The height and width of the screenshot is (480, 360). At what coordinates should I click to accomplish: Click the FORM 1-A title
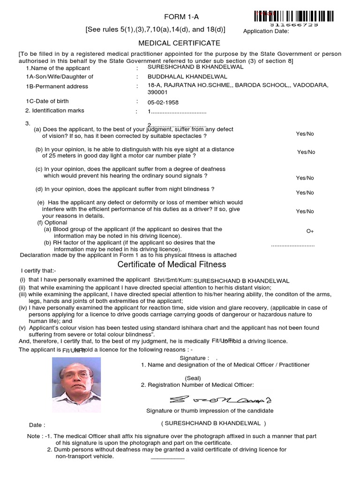pyautogui.click(x=180, y=17)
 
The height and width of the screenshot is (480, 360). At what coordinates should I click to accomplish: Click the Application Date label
pyautogui.click(x=266, y=31)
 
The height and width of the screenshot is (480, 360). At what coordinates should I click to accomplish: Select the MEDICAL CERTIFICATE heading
pyautogui.click(x=179, y=43)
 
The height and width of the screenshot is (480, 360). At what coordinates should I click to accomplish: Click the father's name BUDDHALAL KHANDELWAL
pyautogui.click(x=187, y=76)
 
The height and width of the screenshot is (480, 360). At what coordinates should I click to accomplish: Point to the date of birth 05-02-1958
pyautogui.click(x=163, y=103)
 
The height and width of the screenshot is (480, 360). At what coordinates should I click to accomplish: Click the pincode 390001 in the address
pyautogui.click(x=157, y=93)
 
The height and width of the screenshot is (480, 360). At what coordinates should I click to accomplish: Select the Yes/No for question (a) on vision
pyautogui.click(x=305, y=134)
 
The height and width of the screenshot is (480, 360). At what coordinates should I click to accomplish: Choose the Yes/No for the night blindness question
pyautogui.click(x=305, y=193)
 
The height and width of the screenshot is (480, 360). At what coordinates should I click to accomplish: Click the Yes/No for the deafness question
pyautogui.click(x=305, y=178)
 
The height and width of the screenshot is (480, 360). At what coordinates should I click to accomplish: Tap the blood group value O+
pyautogui.click(x=310, y=231)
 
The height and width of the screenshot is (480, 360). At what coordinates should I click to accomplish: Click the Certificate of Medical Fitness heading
pyautogui.click(x=172, y=264)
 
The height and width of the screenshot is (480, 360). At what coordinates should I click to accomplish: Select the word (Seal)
pyautogui.click(x=193, y=378)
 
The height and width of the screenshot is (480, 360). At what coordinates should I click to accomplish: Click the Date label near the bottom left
pyautogui.click(x=37, y=425)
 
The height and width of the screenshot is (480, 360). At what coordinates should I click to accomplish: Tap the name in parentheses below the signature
pyautogui.click(x=214, y=423)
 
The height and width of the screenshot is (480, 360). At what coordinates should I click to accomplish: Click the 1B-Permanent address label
pyautogui.click(x=57, y=86)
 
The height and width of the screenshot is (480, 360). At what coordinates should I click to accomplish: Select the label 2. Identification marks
pyautogui.click(x=55, y=111)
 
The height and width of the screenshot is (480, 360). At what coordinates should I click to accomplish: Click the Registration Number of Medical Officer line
pyautogui.click(x=197, y=385)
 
